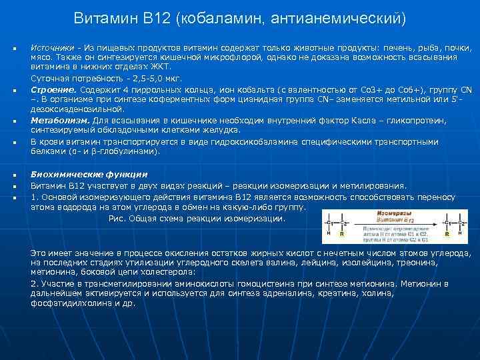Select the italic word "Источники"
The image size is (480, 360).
52,49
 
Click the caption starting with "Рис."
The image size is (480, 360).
197,219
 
